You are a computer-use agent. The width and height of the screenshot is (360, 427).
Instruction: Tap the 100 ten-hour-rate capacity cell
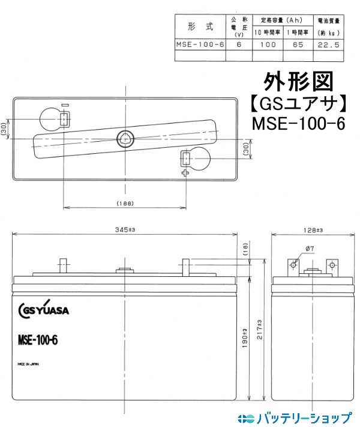(269, 44)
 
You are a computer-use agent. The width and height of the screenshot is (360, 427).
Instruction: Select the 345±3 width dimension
(125, 230)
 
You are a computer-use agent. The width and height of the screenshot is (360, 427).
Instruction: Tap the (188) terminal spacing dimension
(124, 204)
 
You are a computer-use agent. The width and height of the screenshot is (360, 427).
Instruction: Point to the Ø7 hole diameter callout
(310, 248)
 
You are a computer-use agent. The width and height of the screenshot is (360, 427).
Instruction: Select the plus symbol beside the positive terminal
(185, 173)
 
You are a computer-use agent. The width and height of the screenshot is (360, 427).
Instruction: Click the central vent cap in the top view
(124, 137)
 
